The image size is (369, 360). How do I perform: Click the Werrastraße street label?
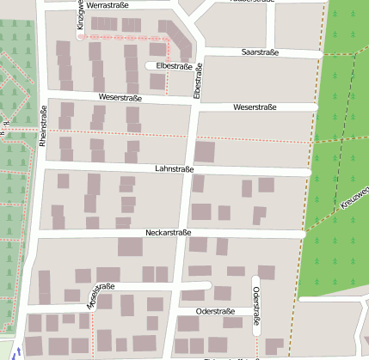click(120, 6)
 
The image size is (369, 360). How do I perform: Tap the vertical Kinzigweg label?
click(80, 15)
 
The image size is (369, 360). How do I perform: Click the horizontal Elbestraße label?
click(174, 66)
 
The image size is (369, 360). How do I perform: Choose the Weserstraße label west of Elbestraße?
click(120, 99)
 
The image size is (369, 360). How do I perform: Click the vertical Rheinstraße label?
click(42, 127)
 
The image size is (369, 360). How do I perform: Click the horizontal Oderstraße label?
click(216, 310)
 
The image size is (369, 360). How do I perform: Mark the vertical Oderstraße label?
click(256, 306)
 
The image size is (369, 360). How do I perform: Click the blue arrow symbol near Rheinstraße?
click(20, 351)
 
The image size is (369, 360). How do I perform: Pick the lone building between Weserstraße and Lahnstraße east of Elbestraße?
click(205, 152)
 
